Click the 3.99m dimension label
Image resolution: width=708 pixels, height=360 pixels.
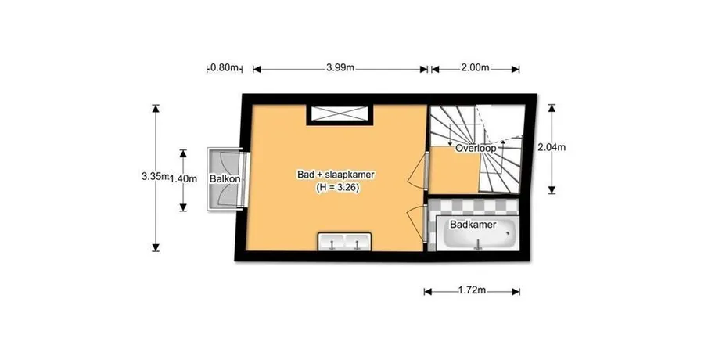tap(340, 68)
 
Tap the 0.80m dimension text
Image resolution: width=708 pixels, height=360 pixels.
tap(225, 68)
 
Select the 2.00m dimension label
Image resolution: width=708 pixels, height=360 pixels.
tap(475, 68)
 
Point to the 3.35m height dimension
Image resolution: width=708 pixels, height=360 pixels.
tap(156, 176)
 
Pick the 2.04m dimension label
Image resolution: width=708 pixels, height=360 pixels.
tap(552, 147)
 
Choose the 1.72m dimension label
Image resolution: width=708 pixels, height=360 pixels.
tap(472, 290)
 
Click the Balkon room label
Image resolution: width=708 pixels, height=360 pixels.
tap(225, 179)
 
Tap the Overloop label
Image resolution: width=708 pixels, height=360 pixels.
tap(476, 148)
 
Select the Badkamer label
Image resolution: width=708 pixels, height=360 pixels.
tap(473, 225)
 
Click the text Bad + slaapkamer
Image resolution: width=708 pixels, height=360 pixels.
tap(336, 175)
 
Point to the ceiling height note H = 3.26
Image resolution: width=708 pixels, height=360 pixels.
tap(337, 188)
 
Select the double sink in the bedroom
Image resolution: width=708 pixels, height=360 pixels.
tap(345, 242)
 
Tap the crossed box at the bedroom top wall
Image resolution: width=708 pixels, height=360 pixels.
tap(340, 113)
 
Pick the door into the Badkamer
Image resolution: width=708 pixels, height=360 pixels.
tap(417, 224)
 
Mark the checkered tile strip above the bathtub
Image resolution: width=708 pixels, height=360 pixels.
tap(473, 207)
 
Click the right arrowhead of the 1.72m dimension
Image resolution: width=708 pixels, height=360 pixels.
tap(516, 292)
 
